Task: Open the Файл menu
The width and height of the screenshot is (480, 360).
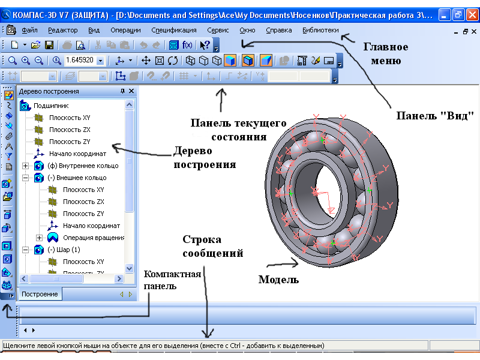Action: tap(29, 31)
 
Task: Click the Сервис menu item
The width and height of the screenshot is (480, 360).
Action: tap(218, 31)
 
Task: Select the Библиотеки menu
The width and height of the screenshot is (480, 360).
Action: tap(320, 31)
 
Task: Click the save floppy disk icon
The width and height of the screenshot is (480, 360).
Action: tap(49, 46)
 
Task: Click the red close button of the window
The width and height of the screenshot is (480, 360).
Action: tap(472, 14)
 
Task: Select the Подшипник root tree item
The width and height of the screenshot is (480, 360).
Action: tap(51, 106)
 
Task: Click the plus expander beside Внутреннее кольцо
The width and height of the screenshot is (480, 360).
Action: tap(26, 166)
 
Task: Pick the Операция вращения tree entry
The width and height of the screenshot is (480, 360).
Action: tap(94, 238)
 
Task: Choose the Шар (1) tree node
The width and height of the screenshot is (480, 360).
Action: tap(64, 250)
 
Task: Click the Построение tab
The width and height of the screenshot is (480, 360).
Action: tap(40, 294)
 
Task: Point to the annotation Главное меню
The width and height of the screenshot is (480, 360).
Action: tap(386, 53)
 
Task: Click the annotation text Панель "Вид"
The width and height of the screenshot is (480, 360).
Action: tap(435, 116)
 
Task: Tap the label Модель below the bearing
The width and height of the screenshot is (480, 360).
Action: tap(278, 280)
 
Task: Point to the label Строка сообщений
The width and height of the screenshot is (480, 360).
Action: tap(213, 247)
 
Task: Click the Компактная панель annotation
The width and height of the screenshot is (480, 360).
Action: tap(172, 280)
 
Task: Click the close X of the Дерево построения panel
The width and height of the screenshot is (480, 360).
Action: tap(131, 91)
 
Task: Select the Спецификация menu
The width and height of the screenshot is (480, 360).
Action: tap(174, 31)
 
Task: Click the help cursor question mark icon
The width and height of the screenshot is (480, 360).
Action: tap(205, 46)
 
